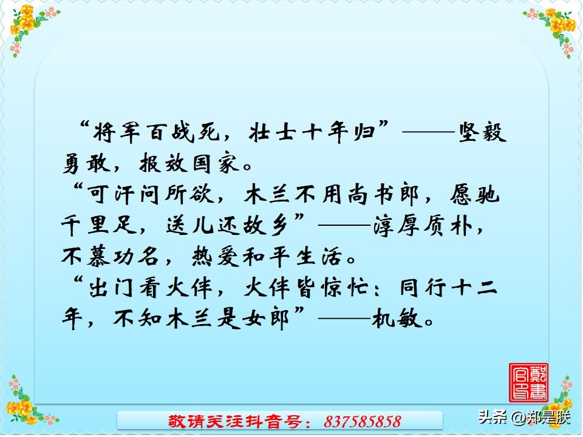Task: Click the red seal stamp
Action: click(x=528, y=382)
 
